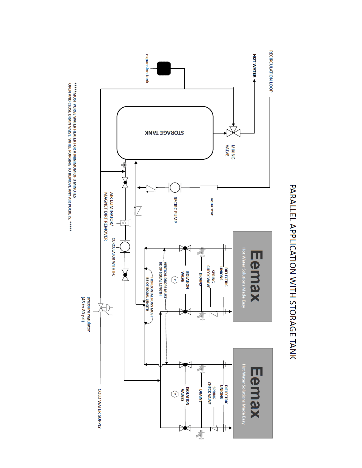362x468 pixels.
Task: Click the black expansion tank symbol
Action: [x=164, y=69]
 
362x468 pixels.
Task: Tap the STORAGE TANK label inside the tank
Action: [x=164, y=133]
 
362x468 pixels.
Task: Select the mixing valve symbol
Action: [x=233, y=132]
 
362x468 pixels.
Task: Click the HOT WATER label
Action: [x=255, y=66]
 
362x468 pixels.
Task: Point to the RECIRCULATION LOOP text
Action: [x=271, y=71]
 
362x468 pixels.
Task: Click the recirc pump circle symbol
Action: [x=174, y=187]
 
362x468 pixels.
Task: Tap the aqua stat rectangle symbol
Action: [x=209, y=188]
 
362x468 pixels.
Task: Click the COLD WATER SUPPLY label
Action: [x=100, y=409]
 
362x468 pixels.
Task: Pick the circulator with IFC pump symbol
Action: [x=124, y=247]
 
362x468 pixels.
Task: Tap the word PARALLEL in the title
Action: [x=293, y=201]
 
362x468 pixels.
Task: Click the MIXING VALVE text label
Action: [x=230, y=152]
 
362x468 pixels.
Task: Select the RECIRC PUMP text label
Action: [x=175, y=210]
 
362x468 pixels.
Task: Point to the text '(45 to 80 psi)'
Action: [x=83, y=309]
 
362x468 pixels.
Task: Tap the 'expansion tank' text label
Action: [x=147, y=69]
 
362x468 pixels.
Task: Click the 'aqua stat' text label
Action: [x=212, y=206]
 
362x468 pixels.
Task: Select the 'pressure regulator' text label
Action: [x=88, y=314]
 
